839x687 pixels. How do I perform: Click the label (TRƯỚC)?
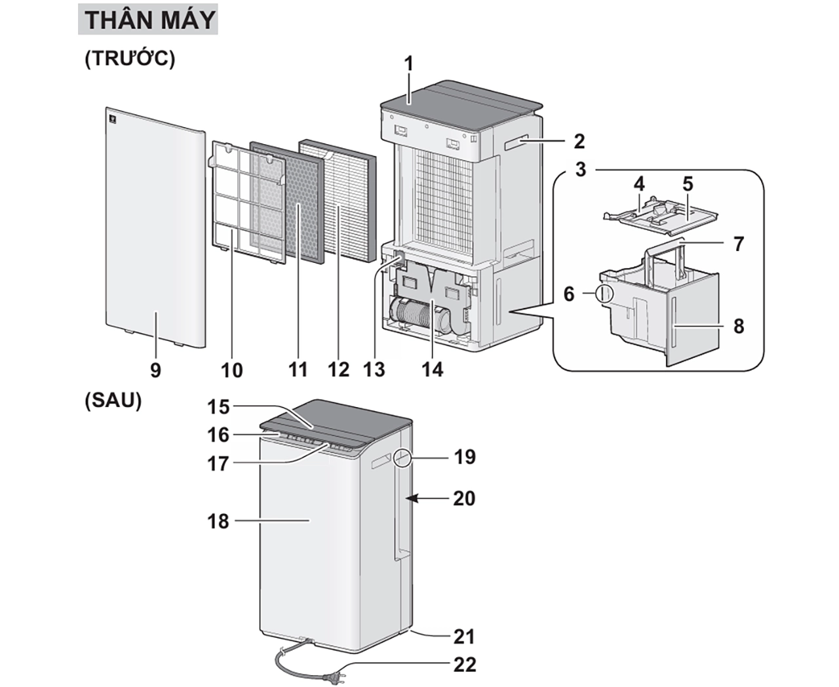(x=130, y=58)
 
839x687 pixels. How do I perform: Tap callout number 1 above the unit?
(x=409, y=64)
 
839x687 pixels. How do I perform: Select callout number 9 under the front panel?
(x=155, y=370)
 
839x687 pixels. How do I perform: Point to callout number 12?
(x=339, y=370)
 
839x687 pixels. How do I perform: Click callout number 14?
(x=432, y=370)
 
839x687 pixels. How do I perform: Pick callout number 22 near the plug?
(x=465, y=664)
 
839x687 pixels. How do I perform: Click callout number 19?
(x=465, y=457)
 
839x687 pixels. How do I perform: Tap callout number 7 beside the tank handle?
(x=739, y=244)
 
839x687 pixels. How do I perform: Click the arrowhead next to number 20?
(x=411, y=499)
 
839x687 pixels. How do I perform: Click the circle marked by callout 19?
(x=403, y=458)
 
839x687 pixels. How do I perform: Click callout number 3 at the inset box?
(x=581, y=169)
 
